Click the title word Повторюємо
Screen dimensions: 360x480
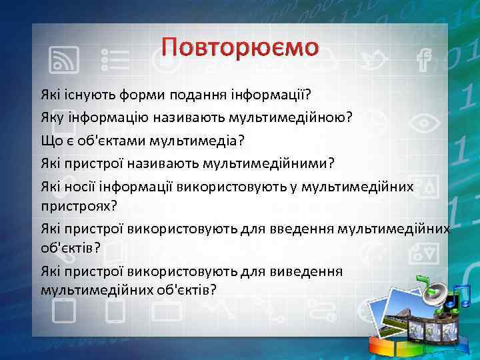click(240, 47)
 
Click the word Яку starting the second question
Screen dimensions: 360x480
click(51, 117)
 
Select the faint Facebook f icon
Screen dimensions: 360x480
click(421, 61)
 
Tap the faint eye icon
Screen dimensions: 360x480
click(421, 124)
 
